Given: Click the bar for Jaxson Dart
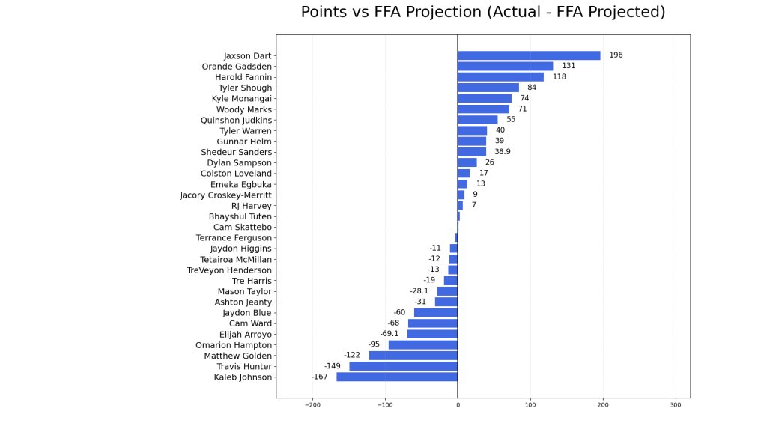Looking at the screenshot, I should pyautogui.click(x=529, y=55).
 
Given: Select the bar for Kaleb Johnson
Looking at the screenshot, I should pyautogui.click(x=397, y=377).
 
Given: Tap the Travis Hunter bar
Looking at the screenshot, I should pyautogui.click(x=403, y=366).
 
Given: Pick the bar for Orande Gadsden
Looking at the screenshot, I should pyautogui.click(x=505, y=66).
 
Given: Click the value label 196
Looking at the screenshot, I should pyautogui.click(x=616, y=55).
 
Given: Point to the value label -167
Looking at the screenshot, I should pyautogui.click(x=319, y=377).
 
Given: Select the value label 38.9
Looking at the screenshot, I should pyautogui.click(x=503, y=152).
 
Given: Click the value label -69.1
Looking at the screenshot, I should pyautogui.click(x=389, y=334).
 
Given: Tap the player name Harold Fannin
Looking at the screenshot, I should pyautogui.click(x=243, y=77).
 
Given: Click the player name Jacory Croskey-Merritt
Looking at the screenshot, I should pyautogui.click(x=226, y=195).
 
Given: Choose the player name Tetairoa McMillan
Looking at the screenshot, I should pyautogui.click(x=236, y=259).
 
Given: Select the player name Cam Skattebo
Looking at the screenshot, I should pyautogui.click(x=243, y=227).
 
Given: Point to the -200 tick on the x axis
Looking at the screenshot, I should pyautogui.click(x=312, y=405).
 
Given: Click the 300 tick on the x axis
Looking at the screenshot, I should pyautogui.click(x=676, y=405).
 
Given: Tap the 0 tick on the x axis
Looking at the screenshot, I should pyautogui.click(x=458, y=405).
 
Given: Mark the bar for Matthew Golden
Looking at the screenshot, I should pyautogui.click(x=413, y=356).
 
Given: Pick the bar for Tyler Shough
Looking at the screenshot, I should pyautogui.click(x=488, y=88).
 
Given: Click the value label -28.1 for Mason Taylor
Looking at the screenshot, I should pyautogui.click(x=419, y=291).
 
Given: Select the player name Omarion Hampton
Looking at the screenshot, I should pyautogui.click(x=234, y=345).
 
